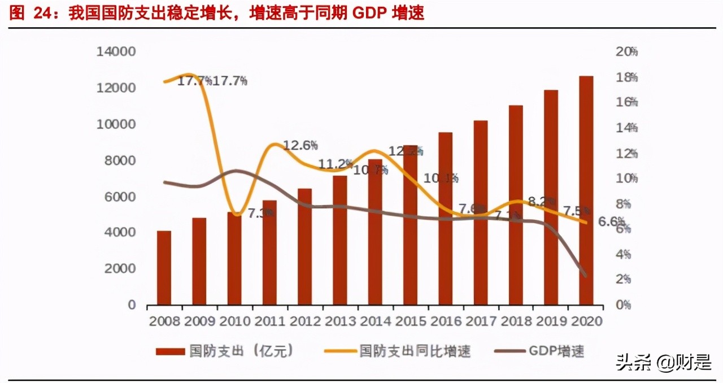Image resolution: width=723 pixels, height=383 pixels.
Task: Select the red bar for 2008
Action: [x=164, y=268]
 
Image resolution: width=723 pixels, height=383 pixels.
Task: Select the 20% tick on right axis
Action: [x=626, y=52]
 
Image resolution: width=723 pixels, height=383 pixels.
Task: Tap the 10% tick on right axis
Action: [x=626, y=179]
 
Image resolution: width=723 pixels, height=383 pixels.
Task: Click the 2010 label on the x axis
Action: [x=234, y=321]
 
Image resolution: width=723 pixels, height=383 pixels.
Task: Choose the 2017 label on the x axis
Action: [x=480, y=321]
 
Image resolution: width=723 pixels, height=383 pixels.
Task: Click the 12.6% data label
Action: [x=300, y=145]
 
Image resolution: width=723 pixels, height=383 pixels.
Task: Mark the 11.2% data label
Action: [x=336, y=164]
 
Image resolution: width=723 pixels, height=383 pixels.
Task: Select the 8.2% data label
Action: [x=541, y=201]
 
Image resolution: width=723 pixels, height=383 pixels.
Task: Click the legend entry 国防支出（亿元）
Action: [x=225, y=351]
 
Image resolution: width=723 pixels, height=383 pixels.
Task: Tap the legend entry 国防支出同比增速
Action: [x=398, y=351]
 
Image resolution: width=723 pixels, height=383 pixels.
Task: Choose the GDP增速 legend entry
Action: [x=539, y=351]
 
